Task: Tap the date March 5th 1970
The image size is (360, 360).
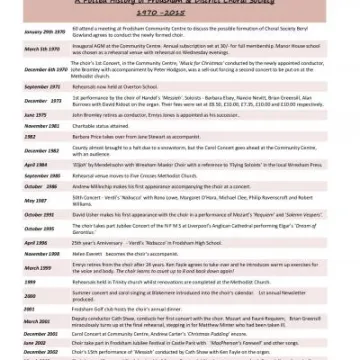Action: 39,47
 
